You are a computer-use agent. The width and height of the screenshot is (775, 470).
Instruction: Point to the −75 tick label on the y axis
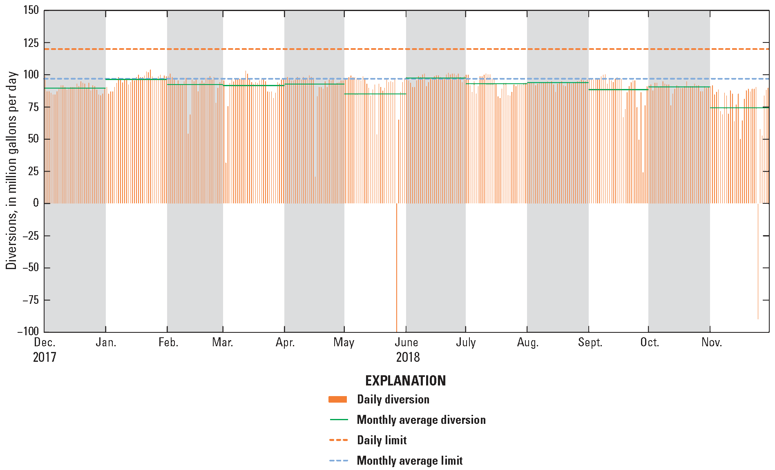click(28, 300)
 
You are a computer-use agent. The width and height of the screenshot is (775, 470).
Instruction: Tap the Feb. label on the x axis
click(168, 342)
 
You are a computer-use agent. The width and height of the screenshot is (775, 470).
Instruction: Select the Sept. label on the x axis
click(590, 342)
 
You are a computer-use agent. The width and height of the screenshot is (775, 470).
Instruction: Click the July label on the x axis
click(466, 342)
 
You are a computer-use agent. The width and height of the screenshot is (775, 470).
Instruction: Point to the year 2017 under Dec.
click(45, 357)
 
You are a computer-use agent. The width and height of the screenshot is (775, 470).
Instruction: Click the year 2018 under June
click(408, 357)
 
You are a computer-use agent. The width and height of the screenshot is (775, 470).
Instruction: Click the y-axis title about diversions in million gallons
click(11, 171)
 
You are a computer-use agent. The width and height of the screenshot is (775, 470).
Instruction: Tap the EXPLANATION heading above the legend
click(405, 381)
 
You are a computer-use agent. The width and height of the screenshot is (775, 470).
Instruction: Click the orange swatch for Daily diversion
click(338, 399)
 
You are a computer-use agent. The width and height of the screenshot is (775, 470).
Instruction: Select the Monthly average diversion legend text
click(421, 420)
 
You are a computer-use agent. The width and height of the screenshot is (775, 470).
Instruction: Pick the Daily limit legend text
click(382, 440)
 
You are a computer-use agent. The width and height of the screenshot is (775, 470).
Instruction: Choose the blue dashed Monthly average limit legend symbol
click(338, 461)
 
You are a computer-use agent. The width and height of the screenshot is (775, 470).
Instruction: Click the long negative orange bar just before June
click(397, 267)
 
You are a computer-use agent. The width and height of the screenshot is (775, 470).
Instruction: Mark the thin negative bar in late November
click(758, 261)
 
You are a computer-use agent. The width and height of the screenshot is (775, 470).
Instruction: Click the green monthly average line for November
click(739, 108)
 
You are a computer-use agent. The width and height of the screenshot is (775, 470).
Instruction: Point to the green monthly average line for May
click(375, 94)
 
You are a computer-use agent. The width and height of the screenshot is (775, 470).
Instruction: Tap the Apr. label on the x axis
click(285, 342)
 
